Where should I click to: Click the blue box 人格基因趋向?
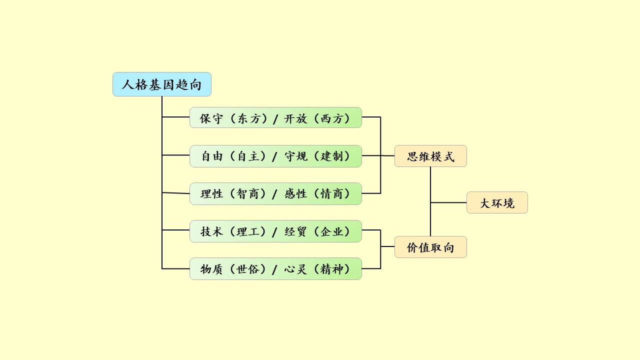(x=161, y=84)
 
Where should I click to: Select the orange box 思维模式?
(x=430, y=156)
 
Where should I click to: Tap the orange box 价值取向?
(x=430, y=247)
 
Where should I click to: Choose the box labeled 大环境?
(x=497, y=203)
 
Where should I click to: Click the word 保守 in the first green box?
(x=211, y=118)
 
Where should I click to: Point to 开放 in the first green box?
(x=295, y=118)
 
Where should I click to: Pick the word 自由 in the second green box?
(x=211, y=156)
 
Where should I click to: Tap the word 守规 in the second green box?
(x=295, y=156)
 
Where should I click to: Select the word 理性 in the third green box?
(x=211, y=194)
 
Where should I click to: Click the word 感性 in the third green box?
(x=295, y=194)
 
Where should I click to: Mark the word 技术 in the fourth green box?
(x=211, y=231)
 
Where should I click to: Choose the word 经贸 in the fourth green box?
(x=295, y=231)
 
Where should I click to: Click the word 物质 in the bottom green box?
(x=211, y=269)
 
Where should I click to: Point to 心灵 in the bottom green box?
(x=295, y=269)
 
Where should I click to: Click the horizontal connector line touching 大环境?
(x=448, y=202)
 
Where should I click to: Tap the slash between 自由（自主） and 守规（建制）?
(x=274, y=157)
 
